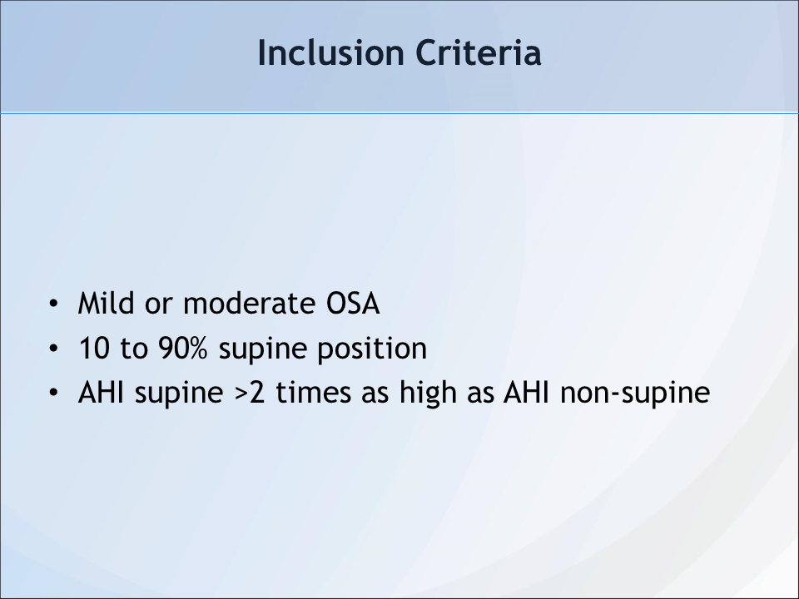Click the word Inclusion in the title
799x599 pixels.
point(330,53)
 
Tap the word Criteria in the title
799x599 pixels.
point(479,53)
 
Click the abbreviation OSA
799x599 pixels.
point(353,304)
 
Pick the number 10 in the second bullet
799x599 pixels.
point(94,349)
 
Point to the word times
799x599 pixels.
point(314,393)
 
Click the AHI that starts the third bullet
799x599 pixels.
point(101,393)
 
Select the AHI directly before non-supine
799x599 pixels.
point(526,393)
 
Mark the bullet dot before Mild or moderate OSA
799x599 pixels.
point(53,304)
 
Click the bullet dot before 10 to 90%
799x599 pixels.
point(53,349)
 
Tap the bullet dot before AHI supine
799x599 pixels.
point(53,394)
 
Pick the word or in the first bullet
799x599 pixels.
point(159,305)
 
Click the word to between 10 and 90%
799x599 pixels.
point(134,349)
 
